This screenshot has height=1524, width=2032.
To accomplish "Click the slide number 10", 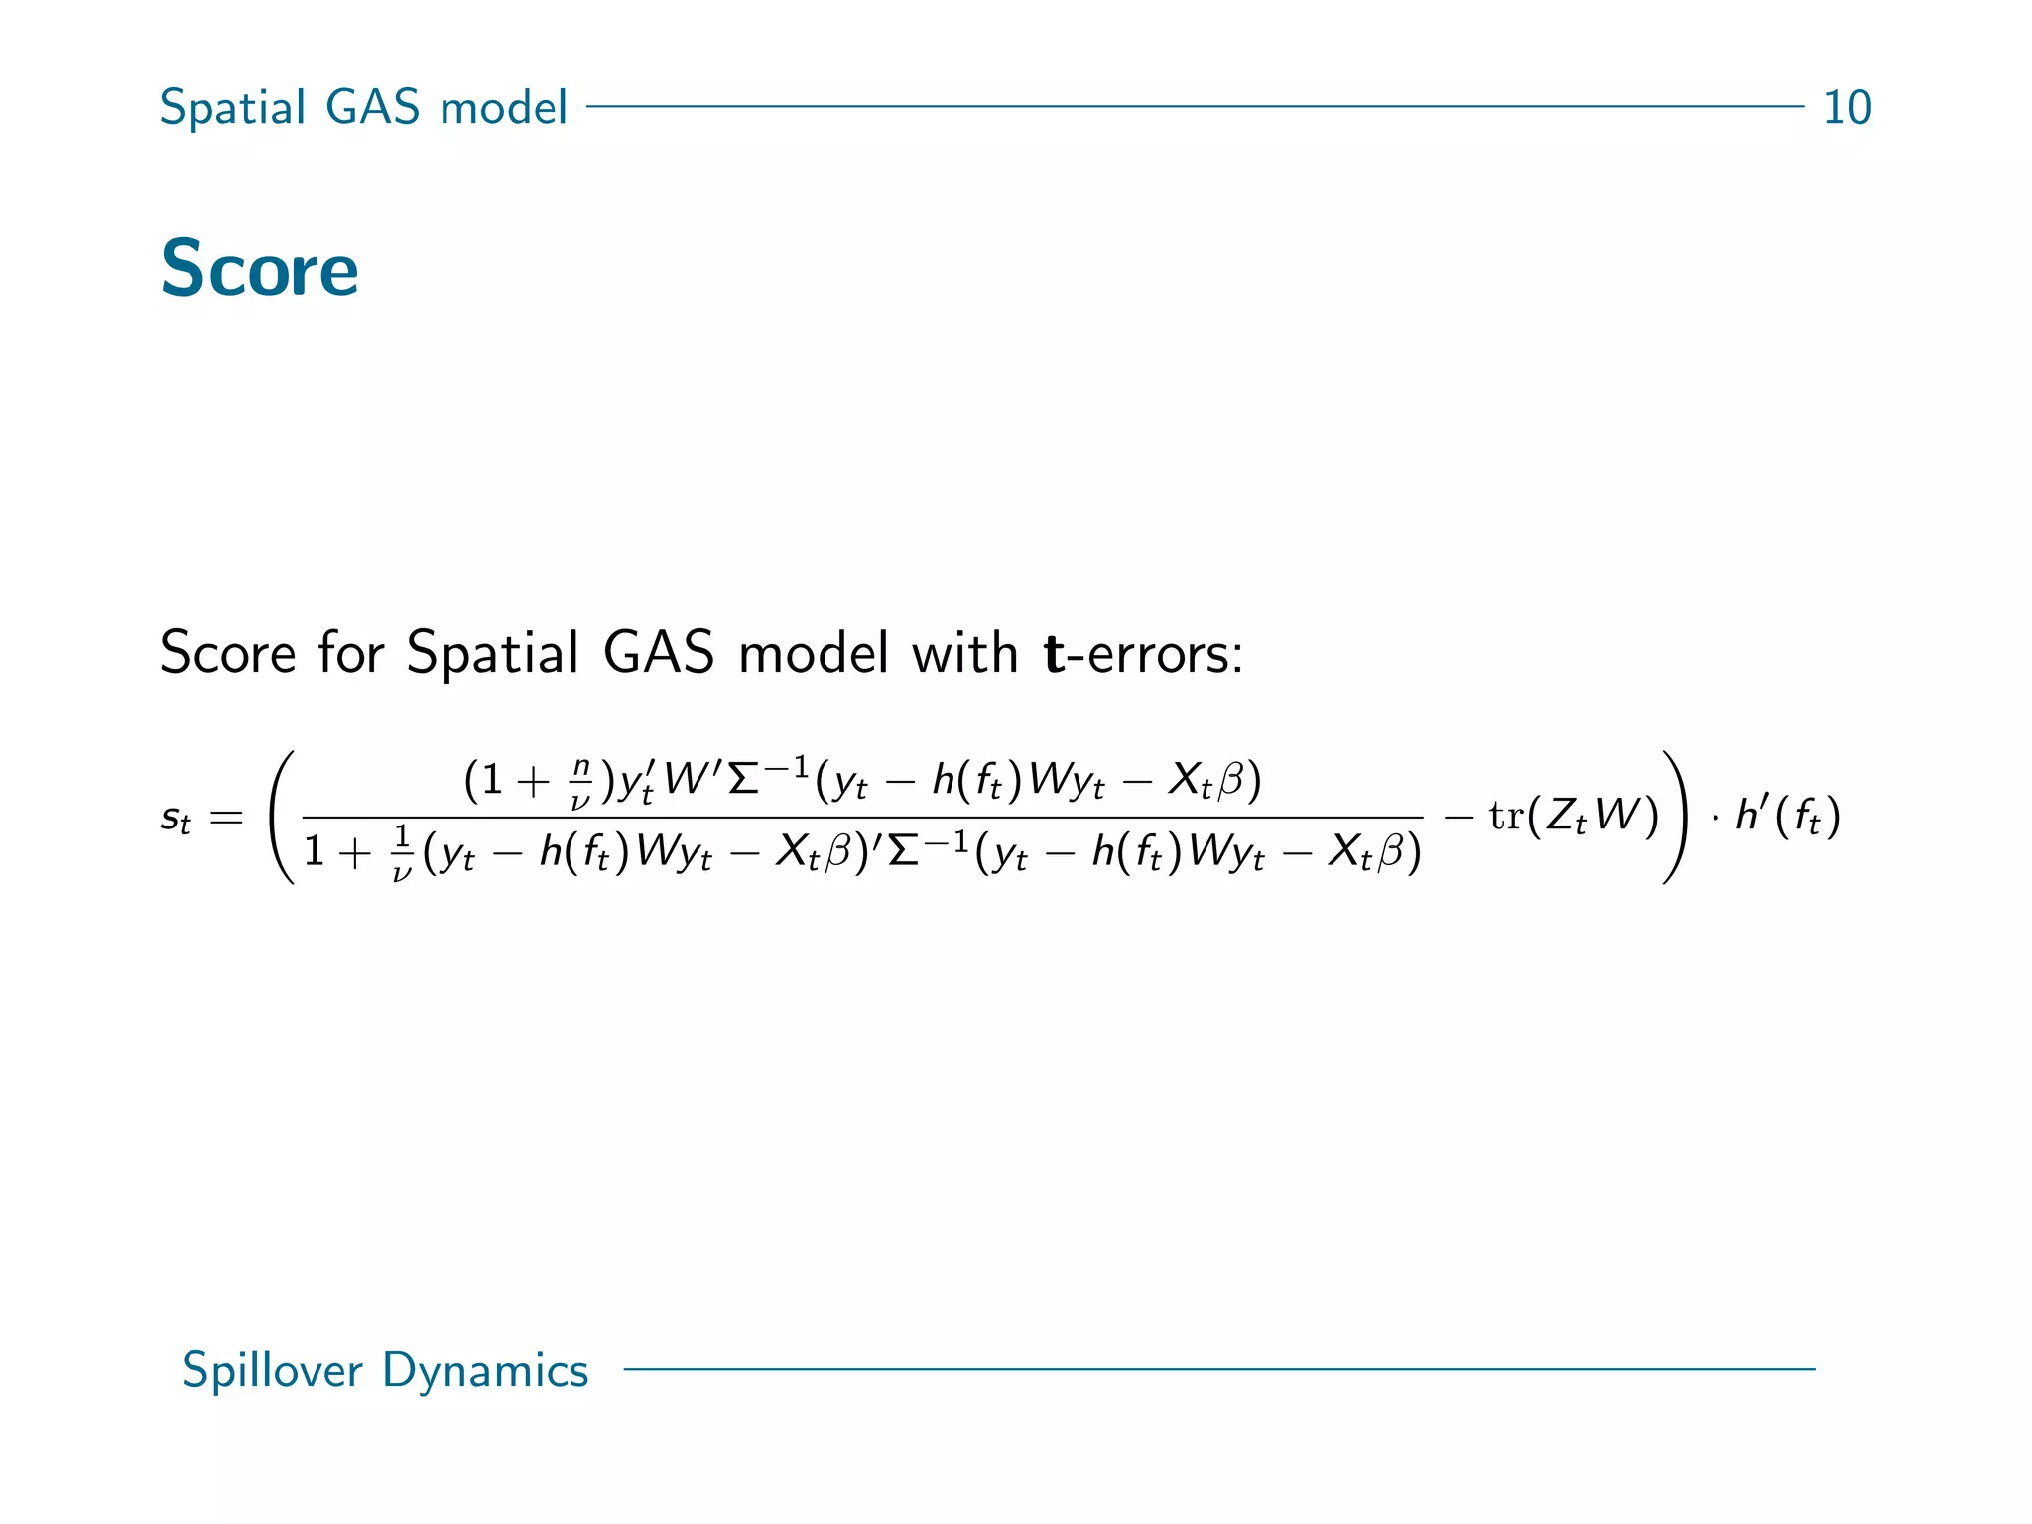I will [x=1846, y=107].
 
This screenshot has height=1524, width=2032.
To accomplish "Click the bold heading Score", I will [x=259, y=269].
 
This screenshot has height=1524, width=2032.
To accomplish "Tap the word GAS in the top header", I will [x=372, y=107].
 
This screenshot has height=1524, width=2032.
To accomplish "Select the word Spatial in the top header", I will [x=232, y=107].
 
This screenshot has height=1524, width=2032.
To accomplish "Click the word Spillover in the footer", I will [x=272, y=1370].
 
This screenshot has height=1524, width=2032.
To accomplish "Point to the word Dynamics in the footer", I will [x=485, y=1370].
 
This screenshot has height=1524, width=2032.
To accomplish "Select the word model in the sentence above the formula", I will [x=814, y=653].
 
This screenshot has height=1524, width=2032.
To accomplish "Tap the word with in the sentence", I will [x=964, y=653].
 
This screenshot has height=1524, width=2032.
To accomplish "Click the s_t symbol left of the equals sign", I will [x=175, y=819].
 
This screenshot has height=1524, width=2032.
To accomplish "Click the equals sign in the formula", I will [x=226, y=819].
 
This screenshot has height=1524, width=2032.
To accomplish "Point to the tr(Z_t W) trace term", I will [x=1574, y=816].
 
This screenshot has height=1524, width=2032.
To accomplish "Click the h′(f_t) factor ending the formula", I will [x=1787, y=816].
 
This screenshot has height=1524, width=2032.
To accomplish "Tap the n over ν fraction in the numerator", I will [x=581, y=783].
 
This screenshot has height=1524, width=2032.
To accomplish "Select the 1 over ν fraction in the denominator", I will [x=401, y=852].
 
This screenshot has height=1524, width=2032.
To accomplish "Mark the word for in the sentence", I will [x=350, y=653].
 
